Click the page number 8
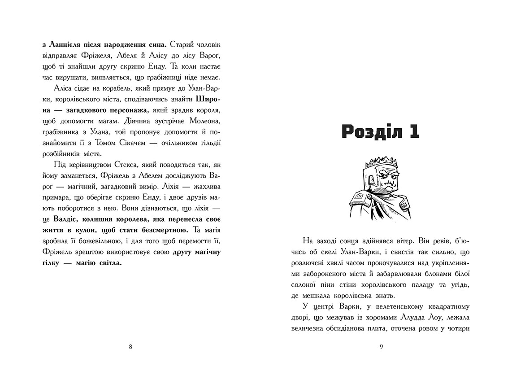coord(130,346)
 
